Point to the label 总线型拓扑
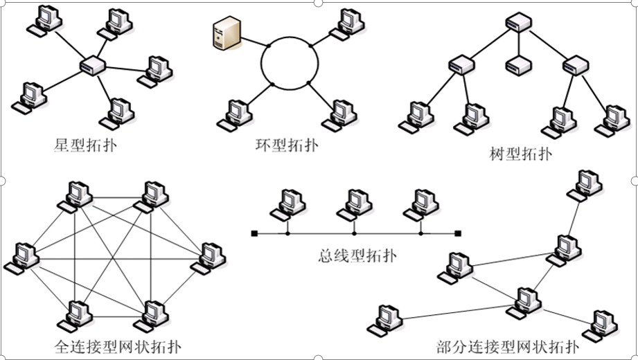pyautogui.click(x=354, y=257)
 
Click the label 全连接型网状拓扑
pyautogui.click(x=117, y=346)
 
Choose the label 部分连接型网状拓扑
pyautogui.click(x=507, y=346)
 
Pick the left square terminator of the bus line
pyautogui.click(x=254, y=234)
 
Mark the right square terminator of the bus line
pyautogui.click(x=457, y=234)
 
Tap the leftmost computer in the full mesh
pyautogui.click(x=21, y=257)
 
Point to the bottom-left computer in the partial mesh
pyautogui.click(x=384, y=319)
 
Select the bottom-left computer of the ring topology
pyautogui.click(x=233, y=115)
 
